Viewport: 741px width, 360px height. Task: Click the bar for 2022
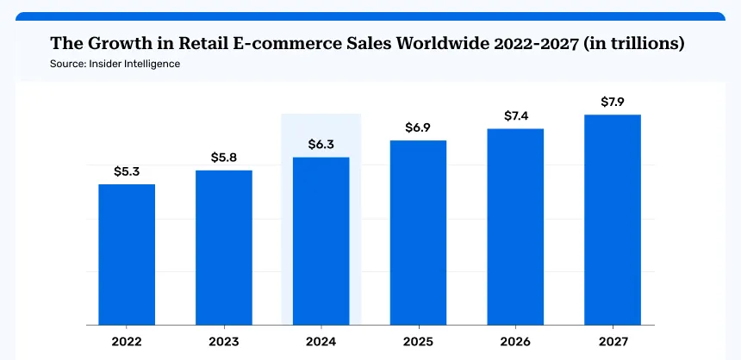point(127,255)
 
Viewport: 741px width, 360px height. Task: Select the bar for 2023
point(224,248)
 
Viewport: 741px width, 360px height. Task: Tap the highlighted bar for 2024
point(321,241)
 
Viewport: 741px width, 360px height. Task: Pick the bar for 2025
point(418,233)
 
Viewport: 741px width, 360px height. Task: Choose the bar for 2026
point(515,227)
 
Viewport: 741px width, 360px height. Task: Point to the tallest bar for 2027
point(613,220)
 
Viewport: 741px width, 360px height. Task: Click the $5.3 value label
point(127,171)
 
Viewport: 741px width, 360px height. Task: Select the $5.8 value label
point(224,158)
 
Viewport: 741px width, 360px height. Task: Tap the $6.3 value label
point(321,144)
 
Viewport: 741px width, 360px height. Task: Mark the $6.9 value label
point(418,127)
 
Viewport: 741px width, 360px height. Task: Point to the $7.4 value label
point(515,115)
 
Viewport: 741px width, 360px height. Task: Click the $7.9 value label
point(613,102)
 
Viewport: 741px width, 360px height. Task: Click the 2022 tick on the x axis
point(127,341)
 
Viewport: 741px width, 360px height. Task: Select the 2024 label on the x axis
point(321,341)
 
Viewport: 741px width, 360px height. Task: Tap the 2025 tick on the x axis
point(418,341)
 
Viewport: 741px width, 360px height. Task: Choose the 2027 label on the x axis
point(613,341)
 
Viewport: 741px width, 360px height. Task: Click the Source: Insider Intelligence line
point(115,65)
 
